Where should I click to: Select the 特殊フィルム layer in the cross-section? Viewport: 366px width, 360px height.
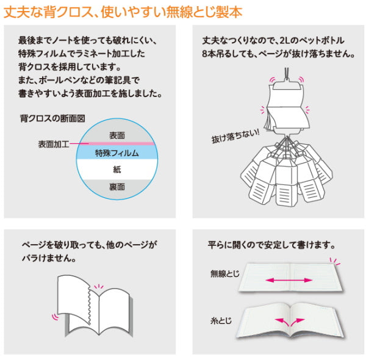coord(117,154)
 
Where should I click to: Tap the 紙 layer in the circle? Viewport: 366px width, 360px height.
coord(117,169)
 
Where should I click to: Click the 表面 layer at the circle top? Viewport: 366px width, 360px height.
coord(117,134)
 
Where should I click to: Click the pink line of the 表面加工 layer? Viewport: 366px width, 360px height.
coord(116,144)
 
